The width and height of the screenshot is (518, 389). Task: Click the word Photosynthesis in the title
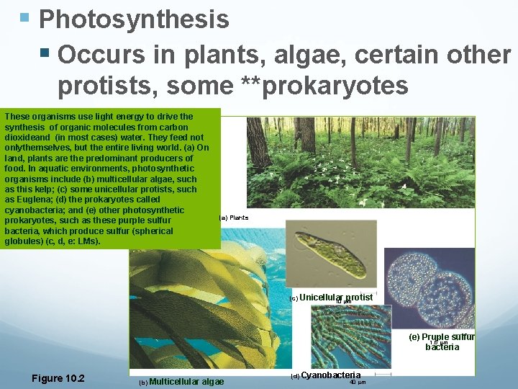(134, 19)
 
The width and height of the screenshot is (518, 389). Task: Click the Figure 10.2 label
(58, 379)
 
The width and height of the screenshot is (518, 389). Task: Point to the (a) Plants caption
(234, 217)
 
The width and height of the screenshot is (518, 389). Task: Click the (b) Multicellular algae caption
(181, 381)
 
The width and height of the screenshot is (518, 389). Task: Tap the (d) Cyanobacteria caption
(325, 375)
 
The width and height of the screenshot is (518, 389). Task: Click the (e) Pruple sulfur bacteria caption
(442, 341)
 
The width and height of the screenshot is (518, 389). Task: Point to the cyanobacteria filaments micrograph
(351, 339)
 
